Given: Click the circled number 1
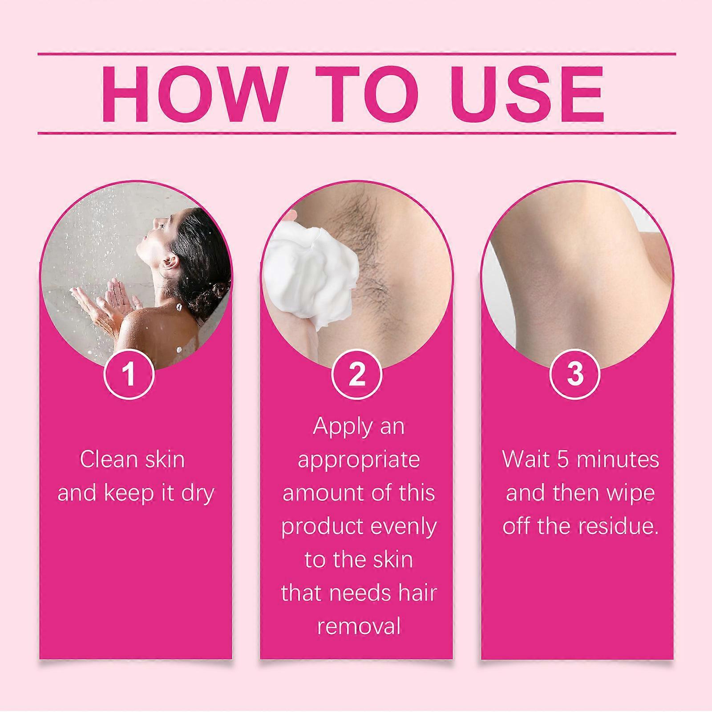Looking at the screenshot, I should coord(129,374).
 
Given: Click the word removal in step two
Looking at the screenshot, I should coord(359,627).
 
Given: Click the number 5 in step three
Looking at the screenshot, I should coord(563,459).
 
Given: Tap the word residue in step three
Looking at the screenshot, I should coord(619,526).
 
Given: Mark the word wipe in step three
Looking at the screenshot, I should coord(630,493).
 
